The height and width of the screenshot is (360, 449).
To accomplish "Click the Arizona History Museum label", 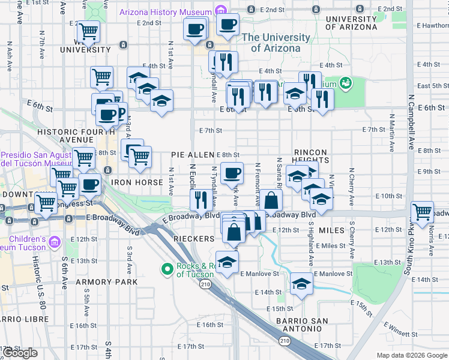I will (166, 12).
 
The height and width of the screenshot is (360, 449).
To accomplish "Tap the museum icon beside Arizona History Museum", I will (220, 11).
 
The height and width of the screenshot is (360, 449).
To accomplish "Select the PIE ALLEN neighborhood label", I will (193, 155).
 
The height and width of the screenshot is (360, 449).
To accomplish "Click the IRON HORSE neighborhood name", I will (137, 182).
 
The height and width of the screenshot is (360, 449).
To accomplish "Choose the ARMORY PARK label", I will (107, 281).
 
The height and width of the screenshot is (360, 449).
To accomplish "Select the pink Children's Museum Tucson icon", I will (55, 242).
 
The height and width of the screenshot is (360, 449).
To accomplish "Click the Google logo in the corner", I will (20, 353).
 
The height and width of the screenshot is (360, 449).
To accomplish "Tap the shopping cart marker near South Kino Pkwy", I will (422, 212).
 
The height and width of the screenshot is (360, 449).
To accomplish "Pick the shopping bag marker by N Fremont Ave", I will (271, 200).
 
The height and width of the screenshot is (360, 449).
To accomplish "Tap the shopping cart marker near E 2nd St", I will (89, 31).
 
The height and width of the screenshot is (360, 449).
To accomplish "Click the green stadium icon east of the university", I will (345, 82).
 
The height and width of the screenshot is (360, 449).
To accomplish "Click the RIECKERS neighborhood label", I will (194, 239).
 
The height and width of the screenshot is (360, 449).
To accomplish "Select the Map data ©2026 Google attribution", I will (412, 355).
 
